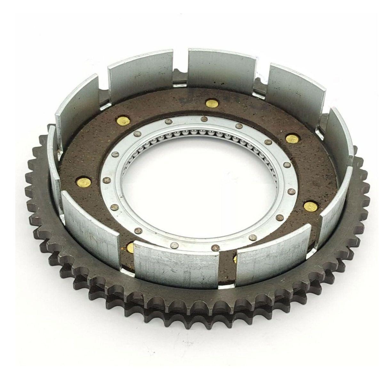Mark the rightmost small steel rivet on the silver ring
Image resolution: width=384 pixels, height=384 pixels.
291,191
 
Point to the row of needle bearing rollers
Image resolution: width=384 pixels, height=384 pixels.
198,132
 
